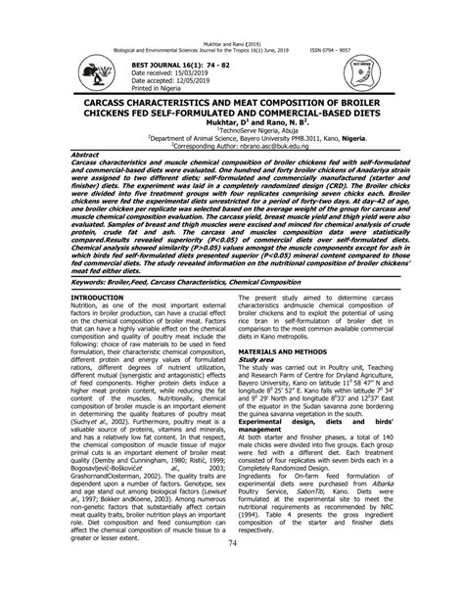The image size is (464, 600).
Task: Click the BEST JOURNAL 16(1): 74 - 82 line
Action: pos(155,61)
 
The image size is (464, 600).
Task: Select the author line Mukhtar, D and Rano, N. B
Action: pos(231,124)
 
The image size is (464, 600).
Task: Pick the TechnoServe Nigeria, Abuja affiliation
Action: pos(232,133)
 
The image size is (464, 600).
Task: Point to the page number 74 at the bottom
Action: pos(232,571)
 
